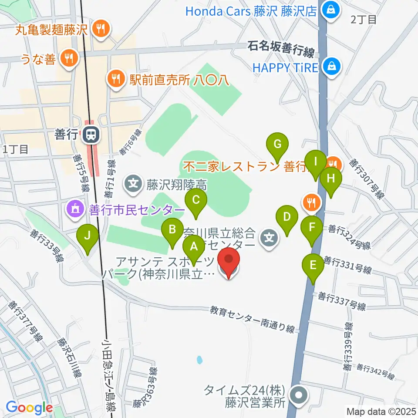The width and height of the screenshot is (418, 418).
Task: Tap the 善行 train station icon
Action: (x=91, y=135)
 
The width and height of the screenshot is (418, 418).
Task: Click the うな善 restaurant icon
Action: (x=68, y=57)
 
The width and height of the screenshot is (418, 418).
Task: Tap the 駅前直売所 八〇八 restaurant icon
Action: (x=115, y=79)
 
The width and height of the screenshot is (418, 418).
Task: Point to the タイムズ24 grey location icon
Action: (x=298, y=396)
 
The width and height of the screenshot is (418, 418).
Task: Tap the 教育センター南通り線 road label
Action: (x=253, y=319)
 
